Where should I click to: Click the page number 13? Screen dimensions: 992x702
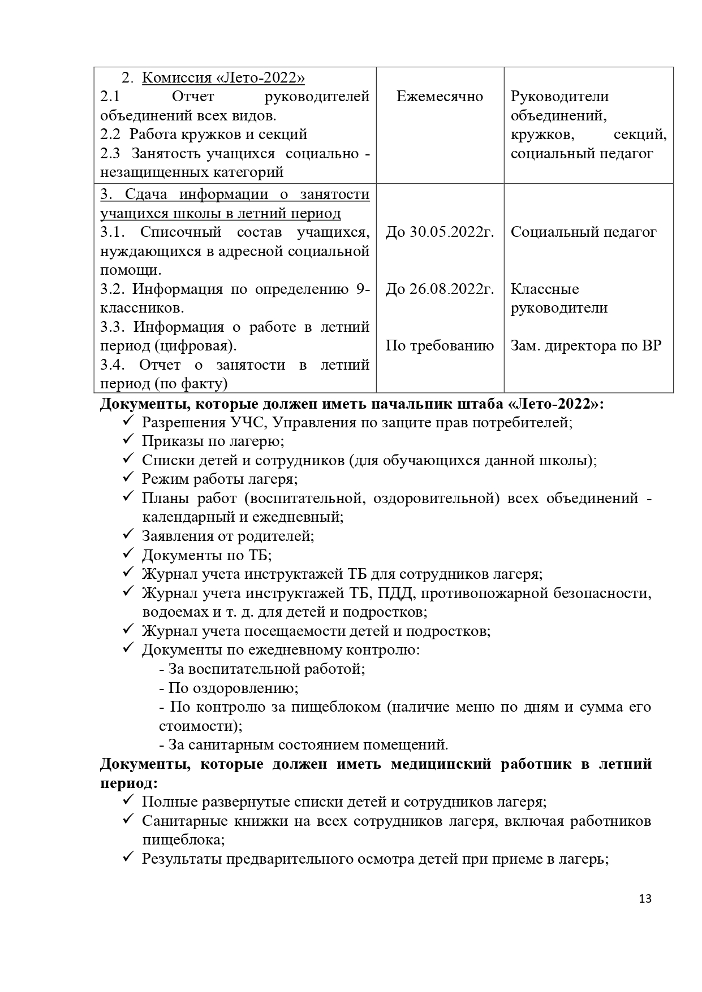point(645,899)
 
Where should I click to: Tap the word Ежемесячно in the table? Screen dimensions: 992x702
point(440,97)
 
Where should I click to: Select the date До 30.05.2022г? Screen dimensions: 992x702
point(440,232)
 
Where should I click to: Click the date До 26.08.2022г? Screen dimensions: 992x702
point(440,289)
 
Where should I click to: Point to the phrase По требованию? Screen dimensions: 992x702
point(440,345)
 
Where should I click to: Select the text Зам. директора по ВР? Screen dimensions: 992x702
point(585,345)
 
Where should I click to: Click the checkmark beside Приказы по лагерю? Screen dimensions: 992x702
point(127,440)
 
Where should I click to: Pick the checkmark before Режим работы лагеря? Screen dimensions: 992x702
point(127,478)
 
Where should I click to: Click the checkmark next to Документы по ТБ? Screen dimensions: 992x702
point(127,554)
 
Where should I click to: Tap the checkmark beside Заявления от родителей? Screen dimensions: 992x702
point(127,535)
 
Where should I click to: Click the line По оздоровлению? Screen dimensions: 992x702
point(229,688)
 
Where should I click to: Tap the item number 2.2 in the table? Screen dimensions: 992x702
point(110,135)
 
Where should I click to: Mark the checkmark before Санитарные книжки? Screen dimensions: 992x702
point(127,820)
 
